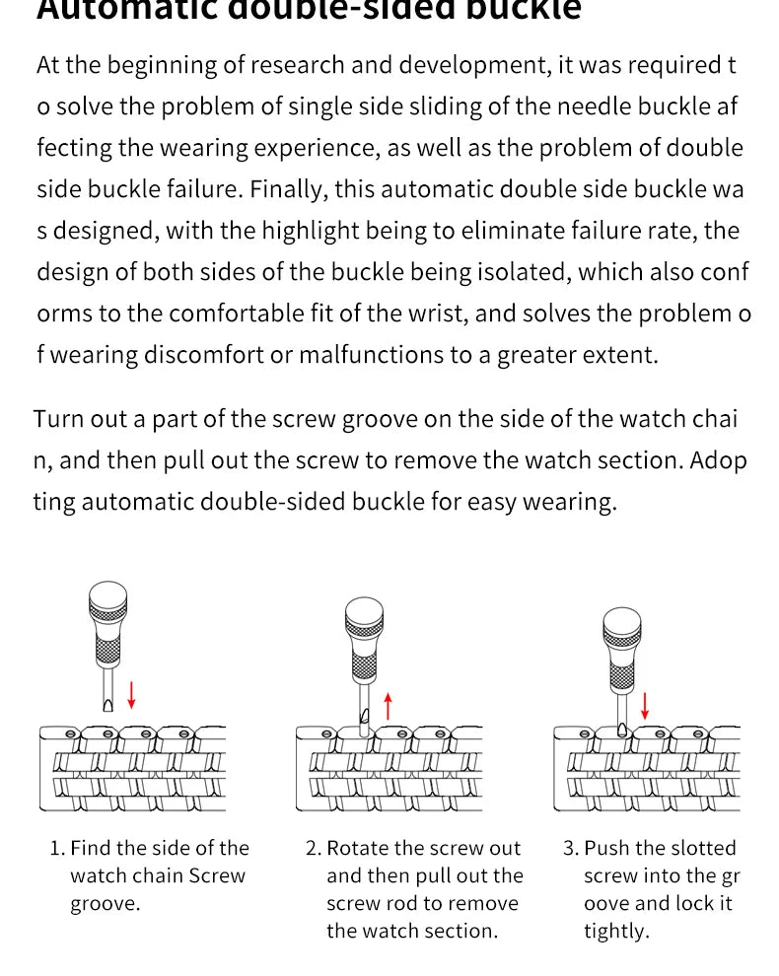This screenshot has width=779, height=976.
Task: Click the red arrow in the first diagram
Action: tap(132, 693)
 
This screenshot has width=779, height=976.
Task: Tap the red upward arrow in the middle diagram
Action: tap(389, 706)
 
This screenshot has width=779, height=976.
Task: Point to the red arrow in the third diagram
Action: tap(646, 706)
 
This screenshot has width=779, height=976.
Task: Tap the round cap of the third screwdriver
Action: tap(621, 622)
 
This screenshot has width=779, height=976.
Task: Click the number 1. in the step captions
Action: tap(57, 848)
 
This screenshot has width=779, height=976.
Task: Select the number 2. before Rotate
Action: tap(314, 848)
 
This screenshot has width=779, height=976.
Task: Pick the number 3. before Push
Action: tap(571, 848)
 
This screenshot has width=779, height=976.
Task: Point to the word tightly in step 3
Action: tap(616, 932)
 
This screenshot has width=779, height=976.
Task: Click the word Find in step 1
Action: tap(91, 848)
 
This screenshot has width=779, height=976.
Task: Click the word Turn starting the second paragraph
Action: tap(57, 419)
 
